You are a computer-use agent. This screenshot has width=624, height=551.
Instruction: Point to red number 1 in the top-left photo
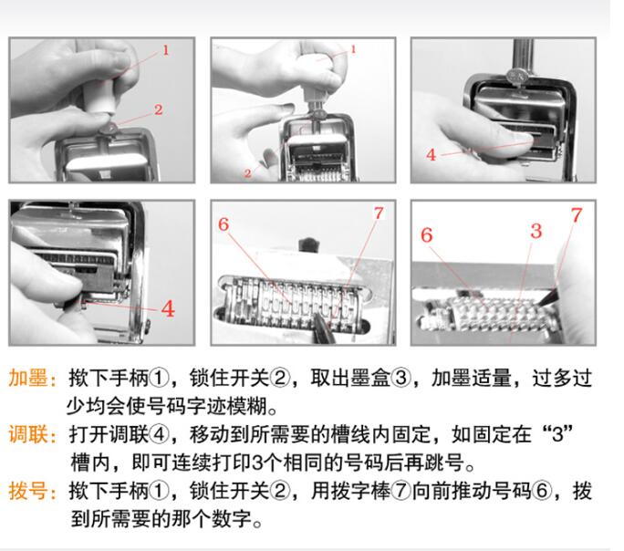[x=165, y=50]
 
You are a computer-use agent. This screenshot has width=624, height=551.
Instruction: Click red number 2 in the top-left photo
[x=159, y=109]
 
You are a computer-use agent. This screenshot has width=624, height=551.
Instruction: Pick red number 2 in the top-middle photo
[x=248, y=173]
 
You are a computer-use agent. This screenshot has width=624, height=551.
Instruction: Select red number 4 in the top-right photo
[x=431, y=154]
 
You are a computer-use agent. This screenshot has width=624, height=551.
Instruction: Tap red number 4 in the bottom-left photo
[x=168, y=308]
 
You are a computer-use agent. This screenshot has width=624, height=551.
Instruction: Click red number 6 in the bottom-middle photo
[x=224, y=224]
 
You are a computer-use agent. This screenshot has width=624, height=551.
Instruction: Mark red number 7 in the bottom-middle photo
[x=379, y=213]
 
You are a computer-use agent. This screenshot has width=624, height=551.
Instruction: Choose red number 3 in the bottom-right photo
[x=536, y=231]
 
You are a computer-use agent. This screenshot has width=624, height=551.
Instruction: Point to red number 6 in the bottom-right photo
[x=427, y=234]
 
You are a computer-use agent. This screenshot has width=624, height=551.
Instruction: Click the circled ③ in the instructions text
[x=400, y=378]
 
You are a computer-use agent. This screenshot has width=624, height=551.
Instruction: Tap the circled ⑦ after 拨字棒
[x=400, y=491]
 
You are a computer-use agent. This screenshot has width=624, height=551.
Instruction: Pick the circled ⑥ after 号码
[x=541, y=491]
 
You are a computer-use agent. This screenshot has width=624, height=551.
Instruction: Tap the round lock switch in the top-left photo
[x=109, y=128]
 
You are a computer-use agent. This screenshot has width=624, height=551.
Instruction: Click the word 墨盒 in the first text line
[x=370, y=378]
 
